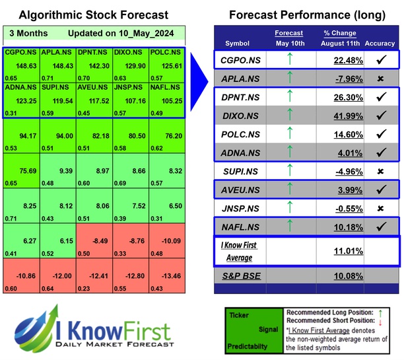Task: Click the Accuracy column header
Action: coord(379,44)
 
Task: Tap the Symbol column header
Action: coord(238,44)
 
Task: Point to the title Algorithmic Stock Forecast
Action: coord(93,15)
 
